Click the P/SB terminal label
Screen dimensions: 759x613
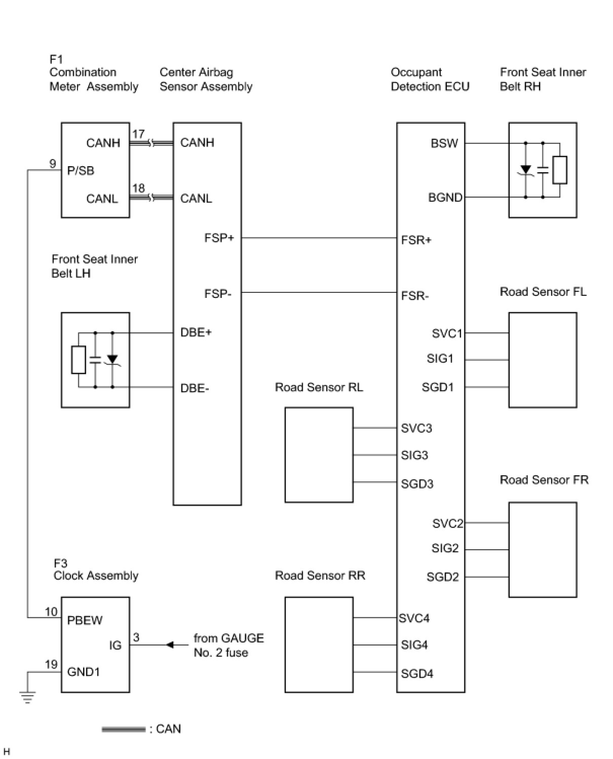81,171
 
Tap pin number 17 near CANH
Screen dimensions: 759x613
138,134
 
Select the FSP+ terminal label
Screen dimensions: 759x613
219,238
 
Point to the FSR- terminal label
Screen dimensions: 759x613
414,295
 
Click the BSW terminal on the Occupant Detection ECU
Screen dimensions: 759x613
444,143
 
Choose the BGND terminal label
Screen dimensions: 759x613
445,198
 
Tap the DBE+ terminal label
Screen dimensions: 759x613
196,332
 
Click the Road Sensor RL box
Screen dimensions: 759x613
319,454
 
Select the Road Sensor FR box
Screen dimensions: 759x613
542,549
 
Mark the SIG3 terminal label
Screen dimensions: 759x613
414,455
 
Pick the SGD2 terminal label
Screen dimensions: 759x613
442,577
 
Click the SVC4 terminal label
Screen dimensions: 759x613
414,618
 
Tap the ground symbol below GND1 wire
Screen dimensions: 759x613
28,698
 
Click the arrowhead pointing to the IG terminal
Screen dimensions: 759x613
170,645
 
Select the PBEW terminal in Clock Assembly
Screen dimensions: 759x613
85,620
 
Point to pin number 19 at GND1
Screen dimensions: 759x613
51,664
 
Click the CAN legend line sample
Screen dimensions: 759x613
123,730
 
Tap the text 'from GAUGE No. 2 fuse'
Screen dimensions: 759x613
228,645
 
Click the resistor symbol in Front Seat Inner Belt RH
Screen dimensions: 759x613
559,170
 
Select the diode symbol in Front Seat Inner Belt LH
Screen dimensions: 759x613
112,359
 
